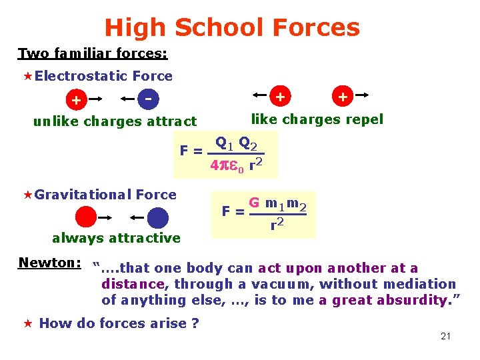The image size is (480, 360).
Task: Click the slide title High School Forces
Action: coord(232,27)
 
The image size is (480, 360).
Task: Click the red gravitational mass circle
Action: coord(85,218)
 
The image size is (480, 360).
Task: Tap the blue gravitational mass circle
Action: coord(157,218)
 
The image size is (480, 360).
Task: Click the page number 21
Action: coord(445,336)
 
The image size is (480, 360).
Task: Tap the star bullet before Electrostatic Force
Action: coord(28,77)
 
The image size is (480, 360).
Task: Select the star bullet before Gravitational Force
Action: coord(28,195)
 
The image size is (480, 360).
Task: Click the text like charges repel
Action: coord(317,119)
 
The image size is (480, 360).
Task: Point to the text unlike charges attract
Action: coord(115,121)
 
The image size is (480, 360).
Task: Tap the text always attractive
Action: coord(116,238)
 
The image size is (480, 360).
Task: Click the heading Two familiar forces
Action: coord(92,53)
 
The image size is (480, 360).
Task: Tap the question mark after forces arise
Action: coord(195,324)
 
